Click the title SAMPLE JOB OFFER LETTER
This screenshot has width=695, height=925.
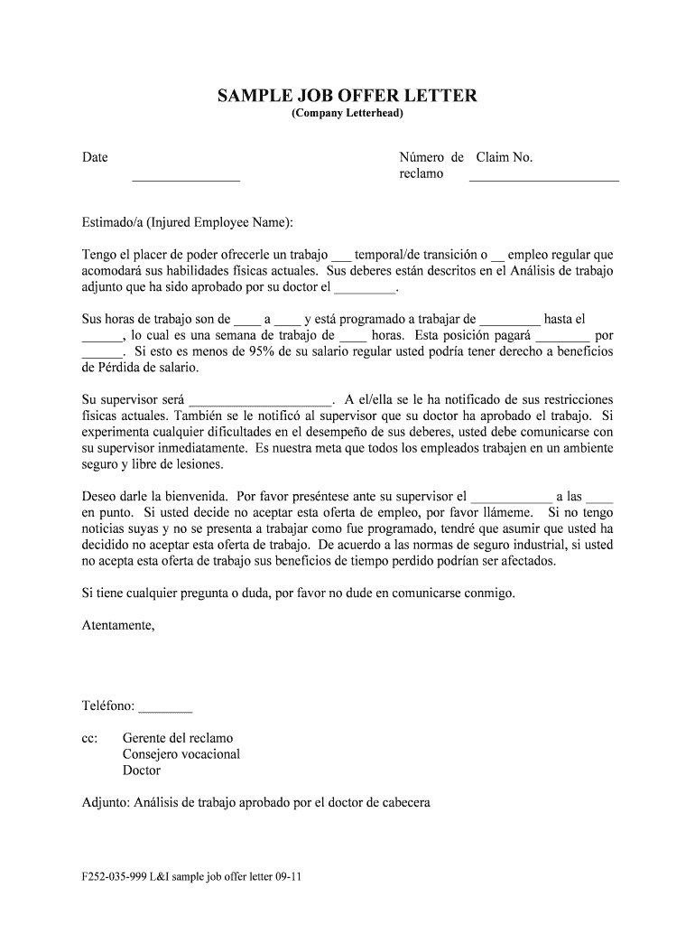[x=347, y=96]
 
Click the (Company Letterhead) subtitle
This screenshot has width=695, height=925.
[x=347, y=115]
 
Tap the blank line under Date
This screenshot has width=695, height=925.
[x=186, y=181]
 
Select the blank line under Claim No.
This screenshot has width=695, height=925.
[x=543, y=181]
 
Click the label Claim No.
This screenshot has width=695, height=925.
[x=505, y=157]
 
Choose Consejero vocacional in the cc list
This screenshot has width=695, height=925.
[x=181, y=754]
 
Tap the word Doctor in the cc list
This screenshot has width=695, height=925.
[x=142, y=771]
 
